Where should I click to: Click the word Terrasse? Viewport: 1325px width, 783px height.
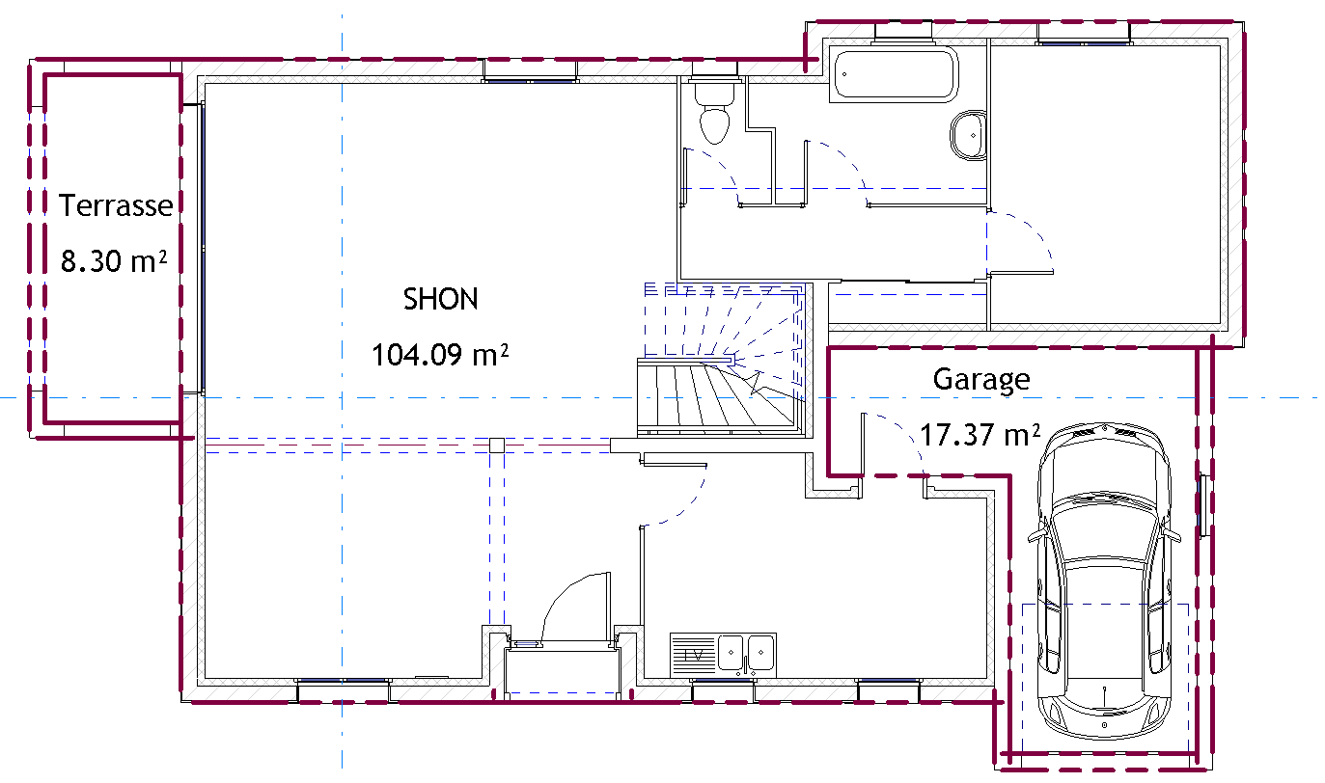pos(116,205)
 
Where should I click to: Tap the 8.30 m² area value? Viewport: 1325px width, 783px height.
pos(114,261)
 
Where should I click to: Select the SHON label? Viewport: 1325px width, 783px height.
pos(441,299)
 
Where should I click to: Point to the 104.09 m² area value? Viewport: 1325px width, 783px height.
pos(440,355)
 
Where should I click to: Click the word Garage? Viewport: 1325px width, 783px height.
pos(981,380)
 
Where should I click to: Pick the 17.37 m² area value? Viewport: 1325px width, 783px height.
pos(980,435)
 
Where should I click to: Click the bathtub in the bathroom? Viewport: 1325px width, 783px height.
pos(894,74)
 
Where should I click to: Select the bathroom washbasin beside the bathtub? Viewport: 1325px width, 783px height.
pos(968,135)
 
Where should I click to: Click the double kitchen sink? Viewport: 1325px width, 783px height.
pos(747,654)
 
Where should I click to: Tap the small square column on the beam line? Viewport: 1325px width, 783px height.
pos(497,445)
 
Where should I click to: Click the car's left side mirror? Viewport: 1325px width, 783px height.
pos(1036,537)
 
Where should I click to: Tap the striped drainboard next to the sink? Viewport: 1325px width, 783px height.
pos(694,655)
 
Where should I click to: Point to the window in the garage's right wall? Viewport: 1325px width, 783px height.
pos(1203,506)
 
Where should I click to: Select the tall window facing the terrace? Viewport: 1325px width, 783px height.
pos(203,248)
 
